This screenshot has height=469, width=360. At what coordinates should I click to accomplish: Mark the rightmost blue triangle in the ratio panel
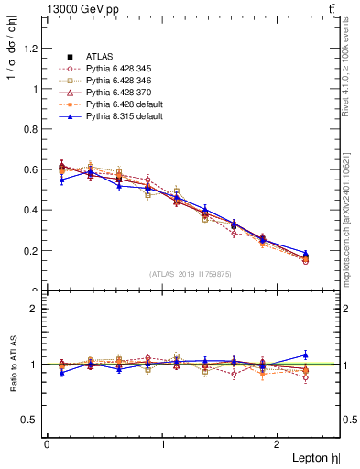[x=306, y=354]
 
